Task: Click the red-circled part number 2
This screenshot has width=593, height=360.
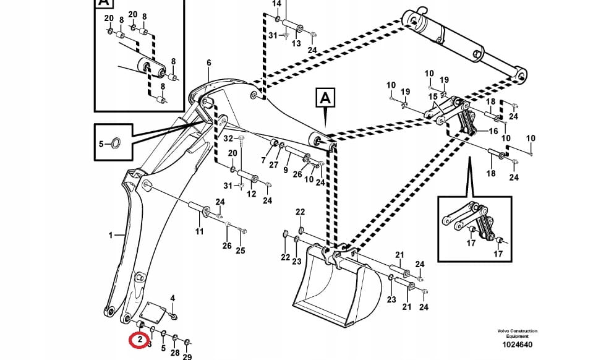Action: [140, 339]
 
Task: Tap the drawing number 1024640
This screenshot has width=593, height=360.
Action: [517, 345]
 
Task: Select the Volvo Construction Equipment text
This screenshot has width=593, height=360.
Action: [517, 333]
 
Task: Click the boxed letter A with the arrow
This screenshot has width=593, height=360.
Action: [325, 98]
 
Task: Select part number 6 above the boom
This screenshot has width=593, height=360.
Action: [209, 62]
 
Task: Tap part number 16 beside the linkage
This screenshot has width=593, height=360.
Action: [493, 131]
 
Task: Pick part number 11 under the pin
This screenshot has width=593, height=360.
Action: [199, 231]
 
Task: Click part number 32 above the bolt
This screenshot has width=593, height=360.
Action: [228, 139]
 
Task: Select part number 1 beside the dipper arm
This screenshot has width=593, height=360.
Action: [111, 235]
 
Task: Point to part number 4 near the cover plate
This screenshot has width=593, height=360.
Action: [173, 298]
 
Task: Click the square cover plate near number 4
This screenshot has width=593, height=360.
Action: [153, 312]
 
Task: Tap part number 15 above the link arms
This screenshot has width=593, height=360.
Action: [433, 97]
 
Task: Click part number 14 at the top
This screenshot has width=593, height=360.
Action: [277, 4]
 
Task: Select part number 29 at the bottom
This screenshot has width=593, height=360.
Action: [187, 356]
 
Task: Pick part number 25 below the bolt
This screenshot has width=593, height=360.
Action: [241, 251]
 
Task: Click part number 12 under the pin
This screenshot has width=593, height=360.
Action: [252, 194]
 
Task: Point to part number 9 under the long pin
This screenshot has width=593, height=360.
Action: [286, 170]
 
